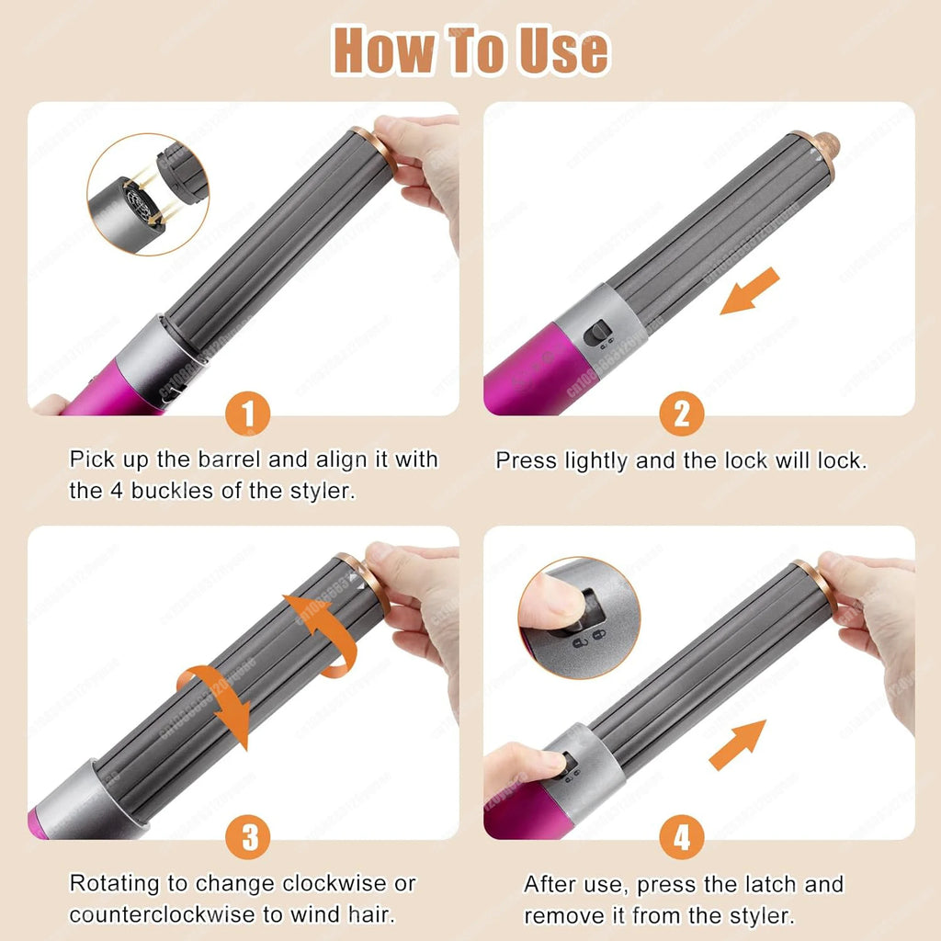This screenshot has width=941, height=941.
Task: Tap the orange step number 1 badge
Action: click(x=245, y=415)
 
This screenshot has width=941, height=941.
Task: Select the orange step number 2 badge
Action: click(x=681, y=415)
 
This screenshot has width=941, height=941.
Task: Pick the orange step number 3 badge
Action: click(x=245, y=838)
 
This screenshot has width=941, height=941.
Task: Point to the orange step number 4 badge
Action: click(x=681, y=838)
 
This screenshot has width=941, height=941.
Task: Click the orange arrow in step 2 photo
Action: click(x=749, y=292)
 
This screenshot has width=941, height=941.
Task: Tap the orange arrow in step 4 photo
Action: click(x=738, y=744)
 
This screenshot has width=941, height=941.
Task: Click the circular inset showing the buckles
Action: click(x=147, y=195)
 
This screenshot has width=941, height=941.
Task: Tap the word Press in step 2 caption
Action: click(x=526, y=460)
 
